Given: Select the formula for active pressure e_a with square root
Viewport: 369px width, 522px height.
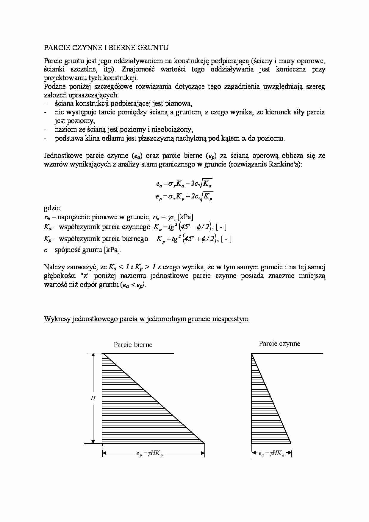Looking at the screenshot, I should point(184,184).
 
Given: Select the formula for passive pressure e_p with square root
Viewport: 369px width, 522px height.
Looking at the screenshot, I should point(184,197).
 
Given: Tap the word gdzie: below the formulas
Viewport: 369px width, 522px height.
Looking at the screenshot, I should point(53,208).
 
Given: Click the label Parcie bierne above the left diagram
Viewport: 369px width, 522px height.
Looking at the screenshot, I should point(133,345).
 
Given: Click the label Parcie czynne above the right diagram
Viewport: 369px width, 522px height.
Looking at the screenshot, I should point(279,344).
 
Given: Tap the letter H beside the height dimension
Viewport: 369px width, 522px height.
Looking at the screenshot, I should point(93,398).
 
